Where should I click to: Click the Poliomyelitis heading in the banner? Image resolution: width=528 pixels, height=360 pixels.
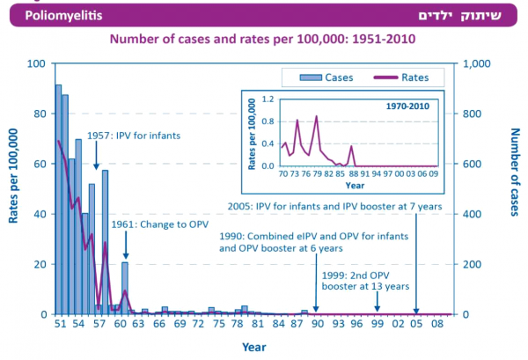coord(46,15)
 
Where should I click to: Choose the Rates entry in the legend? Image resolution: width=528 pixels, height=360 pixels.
coord(407,77)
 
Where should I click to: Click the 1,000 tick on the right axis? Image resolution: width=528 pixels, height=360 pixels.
coord(475,64)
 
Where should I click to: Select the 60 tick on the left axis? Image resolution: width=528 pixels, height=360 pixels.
coord(39,164)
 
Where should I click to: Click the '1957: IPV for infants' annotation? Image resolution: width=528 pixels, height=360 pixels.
coord(136,137)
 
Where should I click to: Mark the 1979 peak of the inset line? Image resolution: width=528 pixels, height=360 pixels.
coord(317,116)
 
